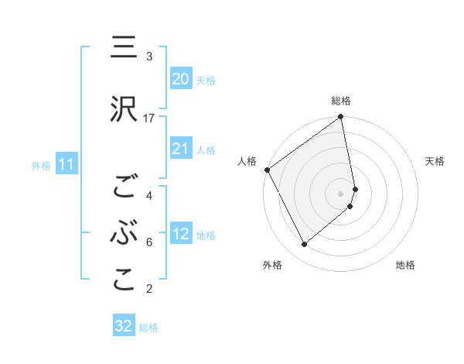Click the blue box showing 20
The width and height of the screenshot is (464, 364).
coord(181,79)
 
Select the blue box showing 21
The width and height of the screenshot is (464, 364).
coord(181,149)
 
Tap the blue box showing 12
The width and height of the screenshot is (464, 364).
coord(181,234)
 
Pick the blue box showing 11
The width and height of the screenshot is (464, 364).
coord(66,164)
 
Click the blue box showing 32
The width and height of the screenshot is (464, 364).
coord(124,326)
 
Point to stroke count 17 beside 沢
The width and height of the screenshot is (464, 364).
coord(149,118)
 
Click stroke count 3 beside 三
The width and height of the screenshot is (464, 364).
coord(149,57)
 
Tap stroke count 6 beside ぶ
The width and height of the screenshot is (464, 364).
coord(149,242)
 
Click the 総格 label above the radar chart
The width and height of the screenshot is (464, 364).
coord(341,101)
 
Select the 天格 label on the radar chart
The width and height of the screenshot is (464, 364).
coord(435,161)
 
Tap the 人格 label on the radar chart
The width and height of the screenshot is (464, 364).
coord(247,161)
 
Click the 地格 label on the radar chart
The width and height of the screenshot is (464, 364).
coord(405,266)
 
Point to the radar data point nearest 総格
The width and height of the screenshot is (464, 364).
coord(341,118)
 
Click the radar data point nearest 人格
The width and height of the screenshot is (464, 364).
coord(267,170)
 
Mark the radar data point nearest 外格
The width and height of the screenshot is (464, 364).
coord(304,245)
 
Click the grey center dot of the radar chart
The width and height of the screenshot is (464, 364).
coord(341,193)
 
